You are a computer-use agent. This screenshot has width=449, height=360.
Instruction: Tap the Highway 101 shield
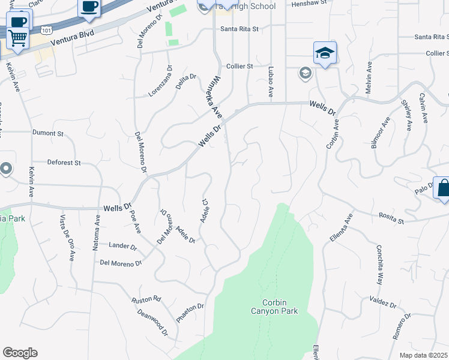(46, 28)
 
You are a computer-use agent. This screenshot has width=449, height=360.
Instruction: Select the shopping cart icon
(17, 38)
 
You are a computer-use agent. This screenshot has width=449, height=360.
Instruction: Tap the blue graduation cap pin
(324, 53)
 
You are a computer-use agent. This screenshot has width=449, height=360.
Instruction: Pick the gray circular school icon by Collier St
(305, 73)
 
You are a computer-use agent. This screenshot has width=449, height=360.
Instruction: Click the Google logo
(20, 352)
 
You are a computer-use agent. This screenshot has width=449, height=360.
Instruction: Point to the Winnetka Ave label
(214, 97)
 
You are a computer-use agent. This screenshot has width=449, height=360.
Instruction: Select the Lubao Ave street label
(271, 82)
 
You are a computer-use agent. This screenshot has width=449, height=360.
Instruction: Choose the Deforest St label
(64, 163)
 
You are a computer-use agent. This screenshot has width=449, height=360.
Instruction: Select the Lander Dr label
(122, 245)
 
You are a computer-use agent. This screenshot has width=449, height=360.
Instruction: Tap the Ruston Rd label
(147, 298)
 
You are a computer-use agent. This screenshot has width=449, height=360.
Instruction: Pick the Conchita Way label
(379, 265)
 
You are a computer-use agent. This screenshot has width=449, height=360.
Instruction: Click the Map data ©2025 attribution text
(424, 355)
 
